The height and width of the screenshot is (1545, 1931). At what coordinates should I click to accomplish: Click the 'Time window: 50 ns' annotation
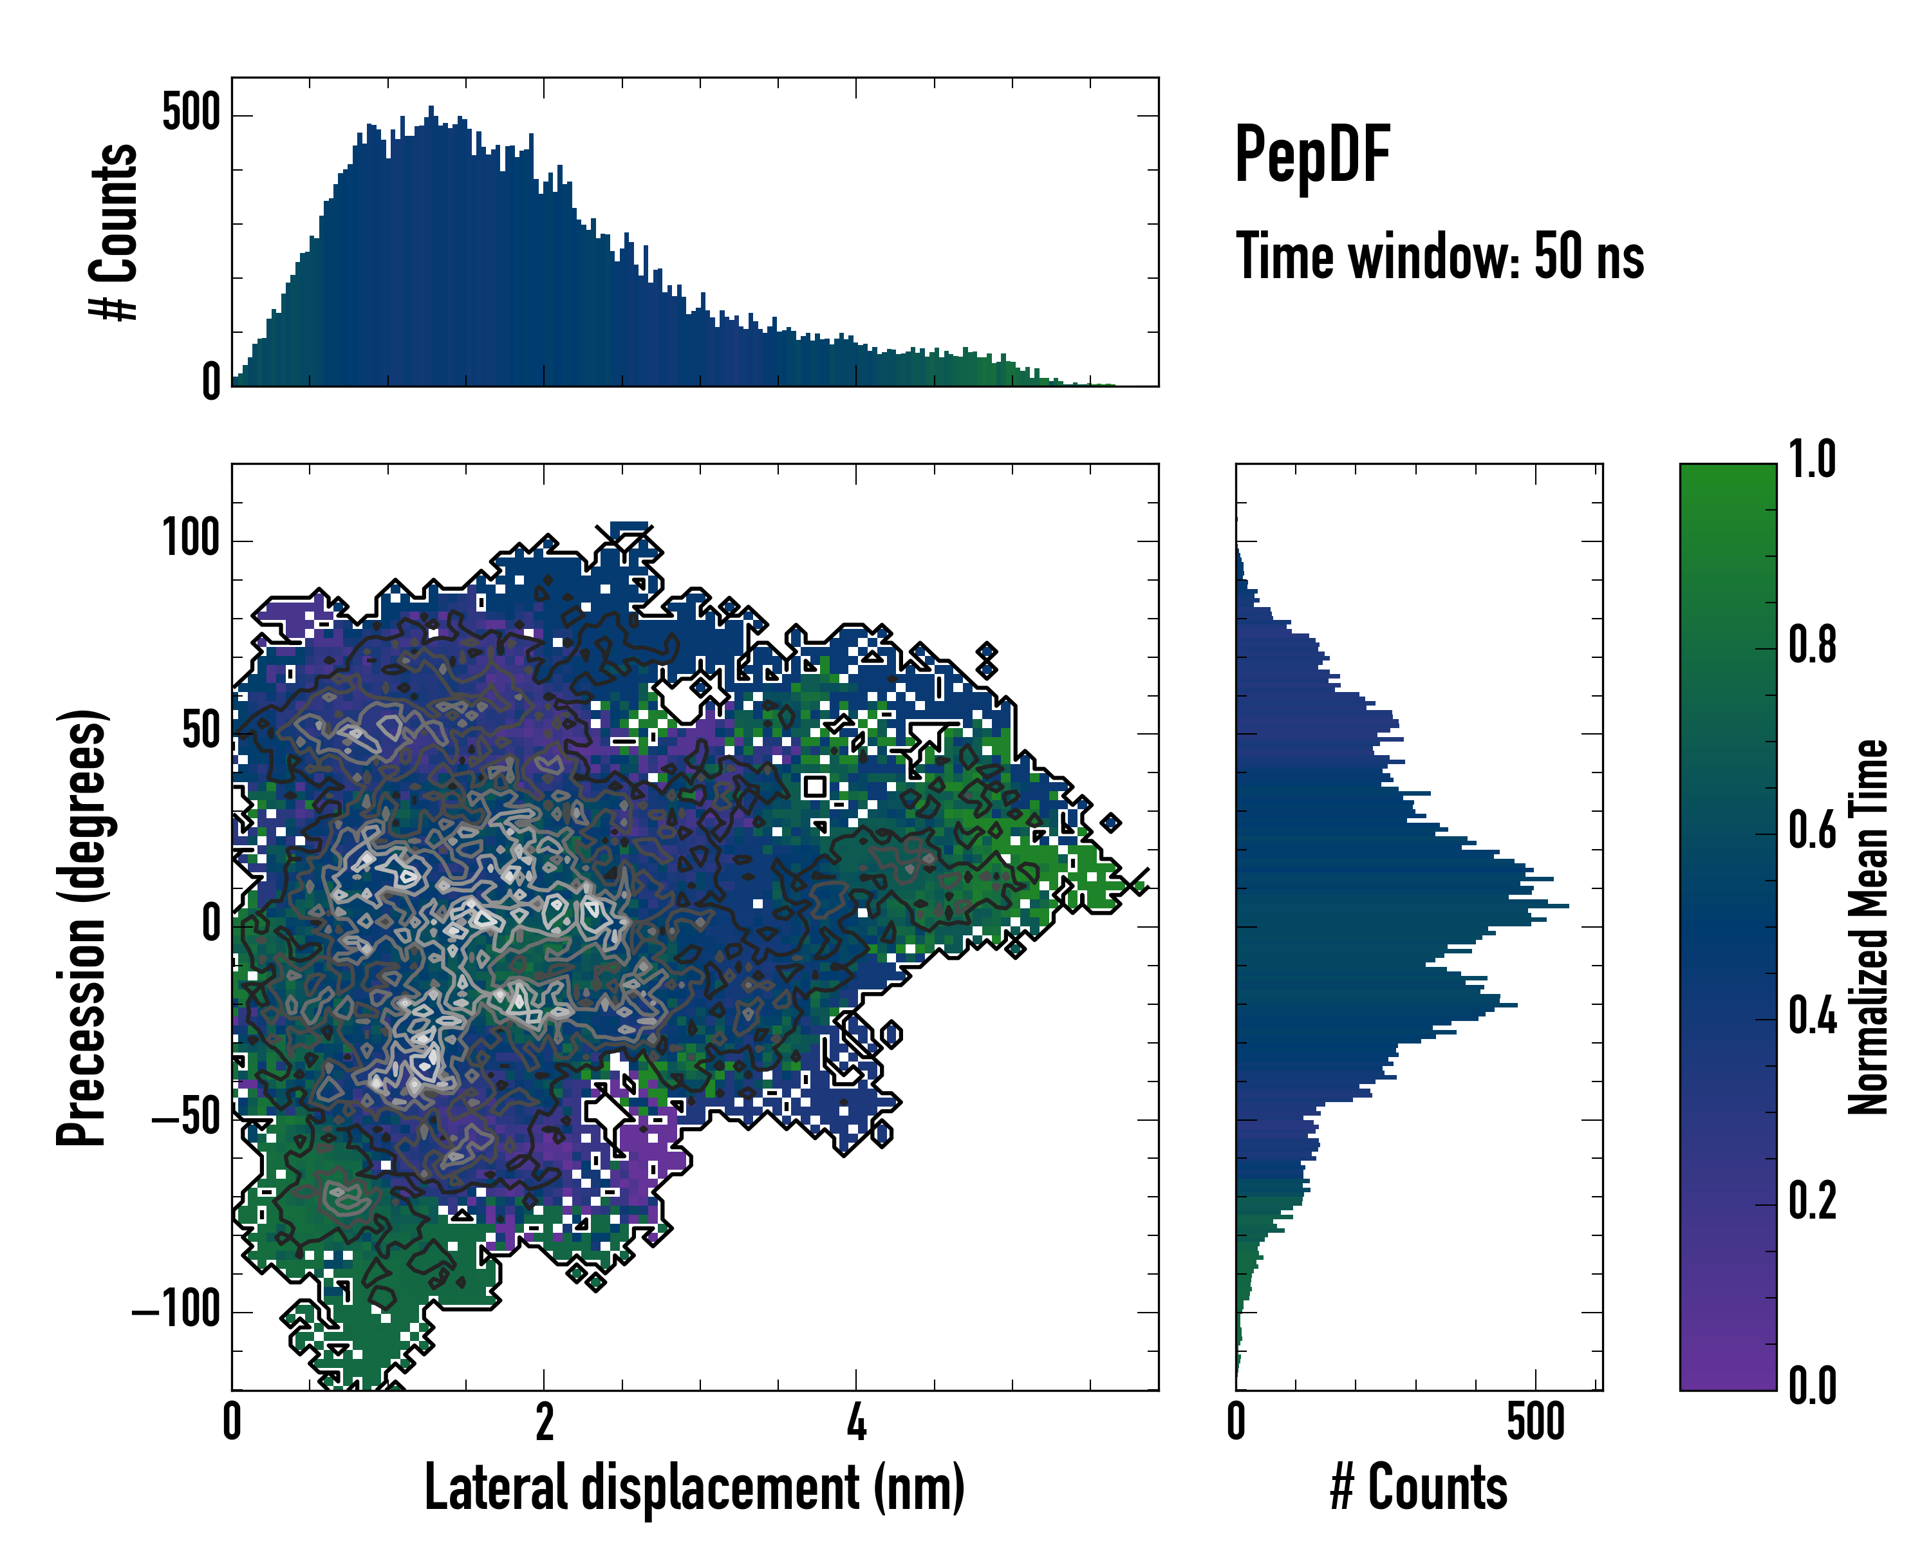pos(1439,256)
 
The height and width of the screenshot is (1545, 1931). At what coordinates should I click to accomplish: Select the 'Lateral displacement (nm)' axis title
pos(694,1488)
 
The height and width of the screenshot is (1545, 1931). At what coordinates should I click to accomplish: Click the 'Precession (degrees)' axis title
pos(82,927)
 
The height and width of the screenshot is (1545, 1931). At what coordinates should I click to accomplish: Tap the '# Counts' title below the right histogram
pos(1419,1488)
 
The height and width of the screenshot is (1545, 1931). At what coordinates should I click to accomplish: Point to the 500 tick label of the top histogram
pos(191,114)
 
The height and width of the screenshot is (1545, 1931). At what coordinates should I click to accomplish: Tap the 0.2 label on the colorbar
pos(1812,1201)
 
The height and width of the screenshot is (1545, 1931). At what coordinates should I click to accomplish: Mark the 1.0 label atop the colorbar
pos(1812,460)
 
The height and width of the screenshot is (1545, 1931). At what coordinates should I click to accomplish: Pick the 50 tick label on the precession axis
pos(201,732)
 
